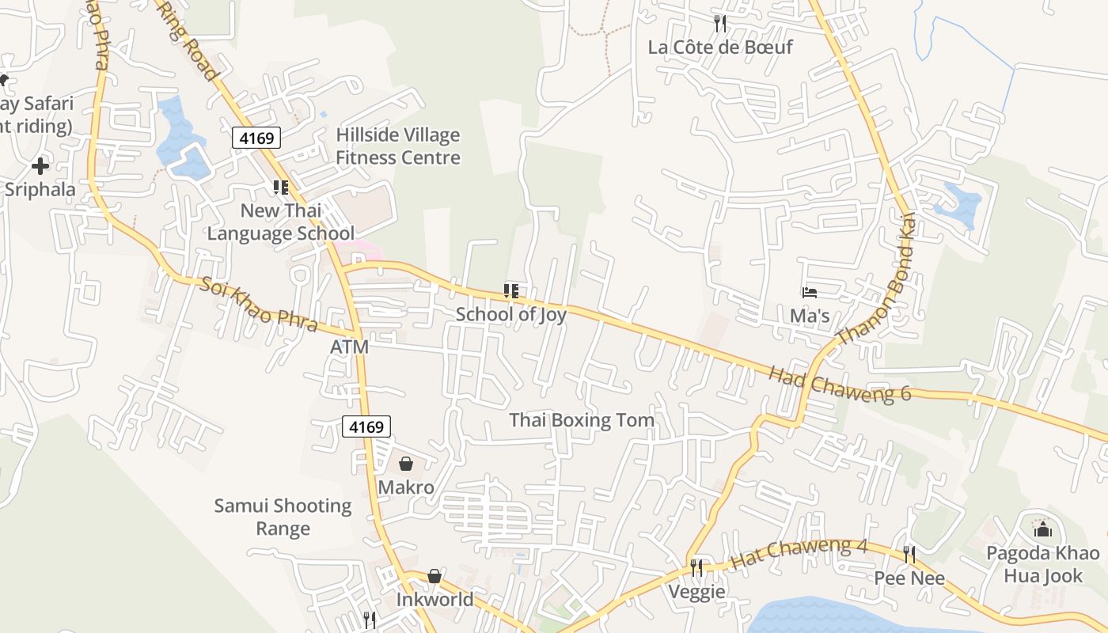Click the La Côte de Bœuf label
coord(719,47)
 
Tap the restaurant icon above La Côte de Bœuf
coord(719,23)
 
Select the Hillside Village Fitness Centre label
coord(397,146)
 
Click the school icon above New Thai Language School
coord(280,188)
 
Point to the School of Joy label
coord(510,314)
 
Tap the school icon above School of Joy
coord(511,291)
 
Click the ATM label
coord(349,347)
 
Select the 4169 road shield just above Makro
coord(366,427)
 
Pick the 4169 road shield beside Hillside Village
coord(256,138)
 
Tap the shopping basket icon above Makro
coord(406,464)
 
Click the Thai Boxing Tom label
coord(582,420)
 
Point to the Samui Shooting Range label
coord(283,517)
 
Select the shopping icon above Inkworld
coord(434,576)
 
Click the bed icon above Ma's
coord(809,293)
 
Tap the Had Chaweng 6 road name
coord(840,384)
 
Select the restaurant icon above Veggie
coord(696,567)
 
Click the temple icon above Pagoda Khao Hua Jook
coord(1042,529)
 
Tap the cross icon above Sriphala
coord(40,166)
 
